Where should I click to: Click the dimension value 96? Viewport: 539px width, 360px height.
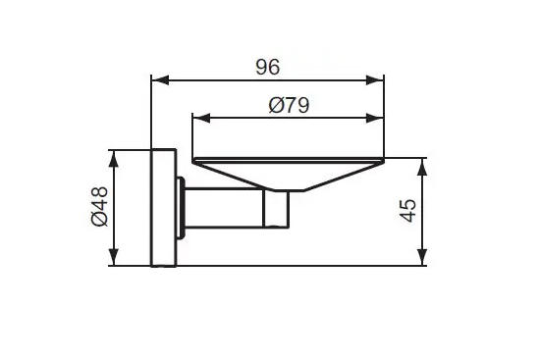[x=268, y=67]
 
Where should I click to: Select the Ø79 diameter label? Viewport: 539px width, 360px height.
[x=289, y=105]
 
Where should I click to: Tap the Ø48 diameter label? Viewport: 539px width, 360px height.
[x=100, y=206]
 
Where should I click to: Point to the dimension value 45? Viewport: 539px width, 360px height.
[x=407, y=211]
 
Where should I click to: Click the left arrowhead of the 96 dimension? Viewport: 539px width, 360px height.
[x=160, y=80]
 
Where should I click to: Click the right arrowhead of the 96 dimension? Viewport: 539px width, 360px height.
[x=375, y=80]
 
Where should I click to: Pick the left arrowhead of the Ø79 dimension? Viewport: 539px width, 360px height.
[x=202, y=118]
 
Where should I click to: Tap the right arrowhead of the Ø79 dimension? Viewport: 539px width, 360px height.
[x=375, y=118]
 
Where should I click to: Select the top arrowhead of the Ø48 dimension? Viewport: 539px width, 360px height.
[x=114, y=159]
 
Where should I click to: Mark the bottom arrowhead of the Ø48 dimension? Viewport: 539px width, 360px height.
[x=114, y=257]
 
